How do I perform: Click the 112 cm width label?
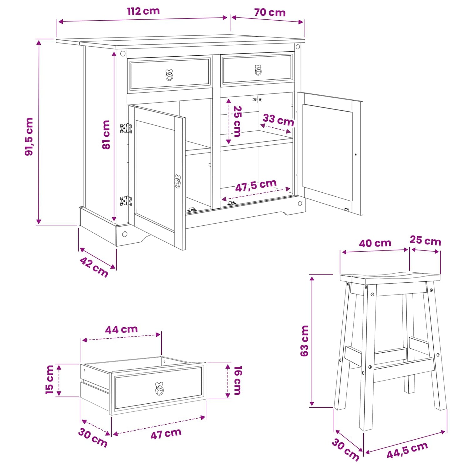click(143, 11)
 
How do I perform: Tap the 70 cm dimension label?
click(270, 13)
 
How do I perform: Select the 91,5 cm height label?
click(29, 137)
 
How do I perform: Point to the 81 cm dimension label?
click(106, 135)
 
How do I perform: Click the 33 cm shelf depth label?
click(278, 120)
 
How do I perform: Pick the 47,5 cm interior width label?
click(256, 185)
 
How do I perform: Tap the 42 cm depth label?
click(94, 267)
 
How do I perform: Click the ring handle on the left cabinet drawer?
click(169, 75)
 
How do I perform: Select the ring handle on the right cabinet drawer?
click(258, 70)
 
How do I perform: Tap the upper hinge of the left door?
click(126, 128)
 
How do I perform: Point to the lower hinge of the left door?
click(126, 201)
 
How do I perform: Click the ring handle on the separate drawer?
click(159, 389)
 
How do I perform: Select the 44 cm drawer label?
click(121, 330)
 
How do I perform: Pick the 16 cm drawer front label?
click(238, 380)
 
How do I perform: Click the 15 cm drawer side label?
click(49, 380)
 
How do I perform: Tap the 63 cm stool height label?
click(304, 341)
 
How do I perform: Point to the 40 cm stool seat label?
click(375, 243)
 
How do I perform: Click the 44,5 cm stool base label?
click(407, 450)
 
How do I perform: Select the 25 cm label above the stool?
click(425, 240)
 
